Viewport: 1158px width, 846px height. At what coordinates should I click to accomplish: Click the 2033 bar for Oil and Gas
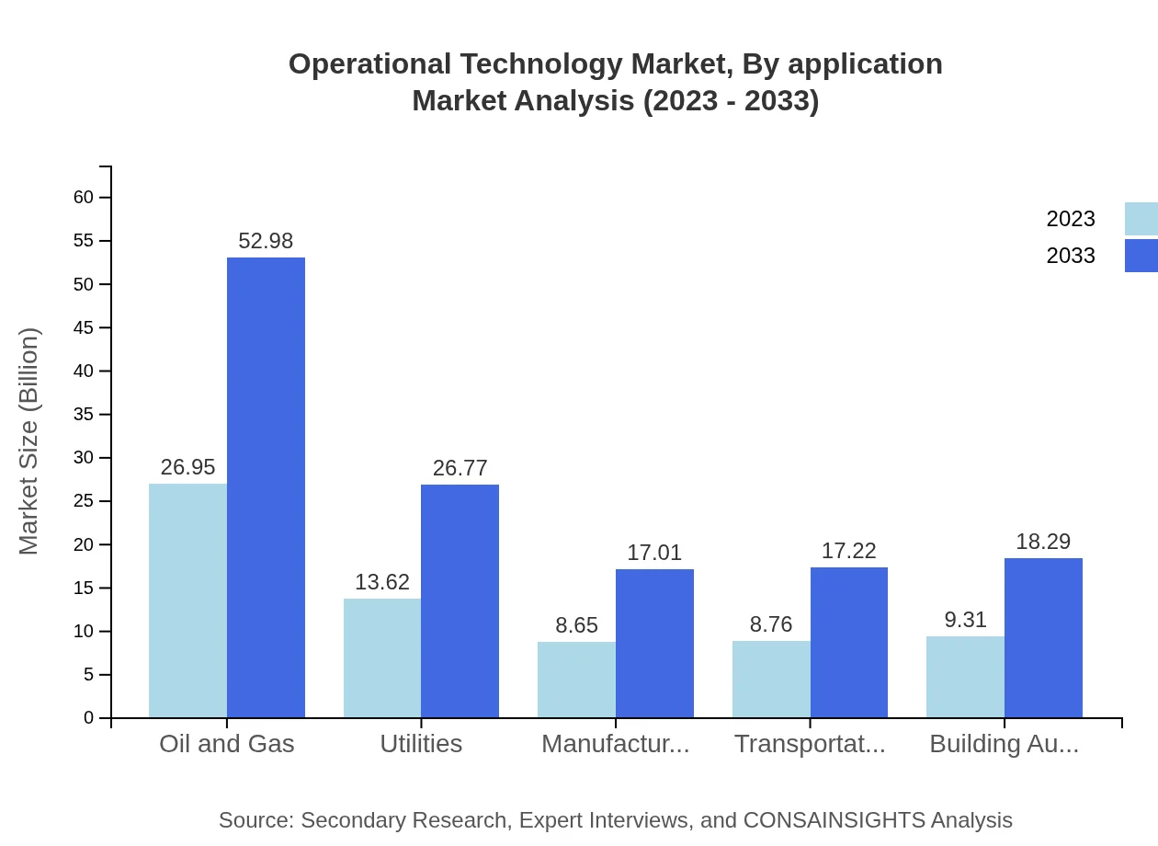(266, 487)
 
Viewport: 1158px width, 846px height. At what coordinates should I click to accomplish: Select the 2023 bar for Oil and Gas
(187, 600)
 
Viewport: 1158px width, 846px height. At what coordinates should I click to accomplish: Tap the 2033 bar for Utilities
(460, 600)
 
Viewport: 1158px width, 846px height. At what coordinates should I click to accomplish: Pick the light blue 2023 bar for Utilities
(382, 657)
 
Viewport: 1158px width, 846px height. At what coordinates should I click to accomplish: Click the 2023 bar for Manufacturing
(576, 680)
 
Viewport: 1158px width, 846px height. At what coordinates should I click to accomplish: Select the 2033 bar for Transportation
(849, 642)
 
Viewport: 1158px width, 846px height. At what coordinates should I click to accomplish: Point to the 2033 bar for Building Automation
(1043, 637)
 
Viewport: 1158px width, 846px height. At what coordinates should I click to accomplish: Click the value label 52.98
(266, 241)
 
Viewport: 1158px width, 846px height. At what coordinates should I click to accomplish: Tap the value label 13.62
(382, 582)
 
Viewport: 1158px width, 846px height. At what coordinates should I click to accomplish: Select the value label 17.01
(654, 553)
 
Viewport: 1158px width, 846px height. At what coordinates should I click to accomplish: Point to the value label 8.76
(771, 624)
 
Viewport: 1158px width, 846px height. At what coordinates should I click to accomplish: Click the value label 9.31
(965, 620)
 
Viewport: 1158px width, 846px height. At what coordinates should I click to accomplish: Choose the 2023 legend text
(1071, 219)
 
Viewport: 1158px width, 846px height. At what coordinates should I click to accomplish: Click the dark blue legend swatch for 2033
(1141, 256)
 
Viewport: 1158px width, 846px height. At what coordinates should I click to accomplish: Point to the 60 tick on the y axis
(84, 197)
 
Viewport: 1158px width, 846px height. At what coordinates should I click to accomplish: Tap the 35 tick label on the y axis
(84, 414)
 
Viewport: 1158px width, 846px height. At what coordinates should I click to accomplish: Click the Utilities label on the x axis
(421, 743)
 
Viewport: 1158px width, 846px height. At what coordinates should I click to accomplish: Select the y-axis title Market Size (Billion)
(29, 441)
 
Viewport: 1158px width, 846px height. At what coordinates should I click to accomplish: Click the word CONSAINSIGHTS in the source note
(834, 819)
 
